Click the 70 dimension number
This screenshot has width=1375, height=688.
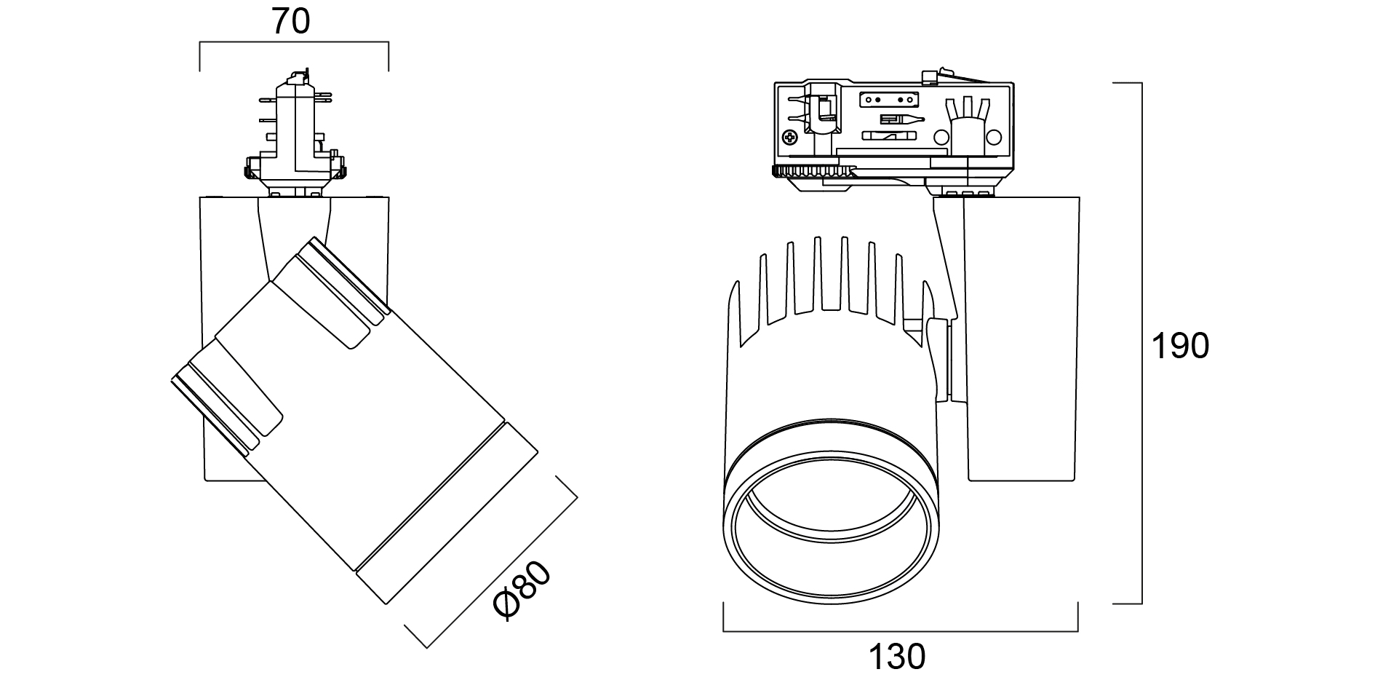coord(291,23)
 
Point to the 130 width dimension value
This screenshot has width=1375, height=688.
coord(898,657)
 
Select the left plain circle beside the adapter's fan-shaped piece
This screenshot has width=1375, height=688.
coord(941,137)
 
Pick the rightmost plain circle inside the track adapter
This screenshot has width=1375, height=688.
coord(994,137)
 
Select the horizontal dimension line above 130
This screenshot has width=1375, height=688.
coord(901,631)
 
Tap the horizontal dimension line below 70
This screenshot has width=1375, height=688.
coord(294,43)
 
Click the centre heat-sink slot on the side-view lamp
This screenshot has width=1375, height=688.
coord(830,277)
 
